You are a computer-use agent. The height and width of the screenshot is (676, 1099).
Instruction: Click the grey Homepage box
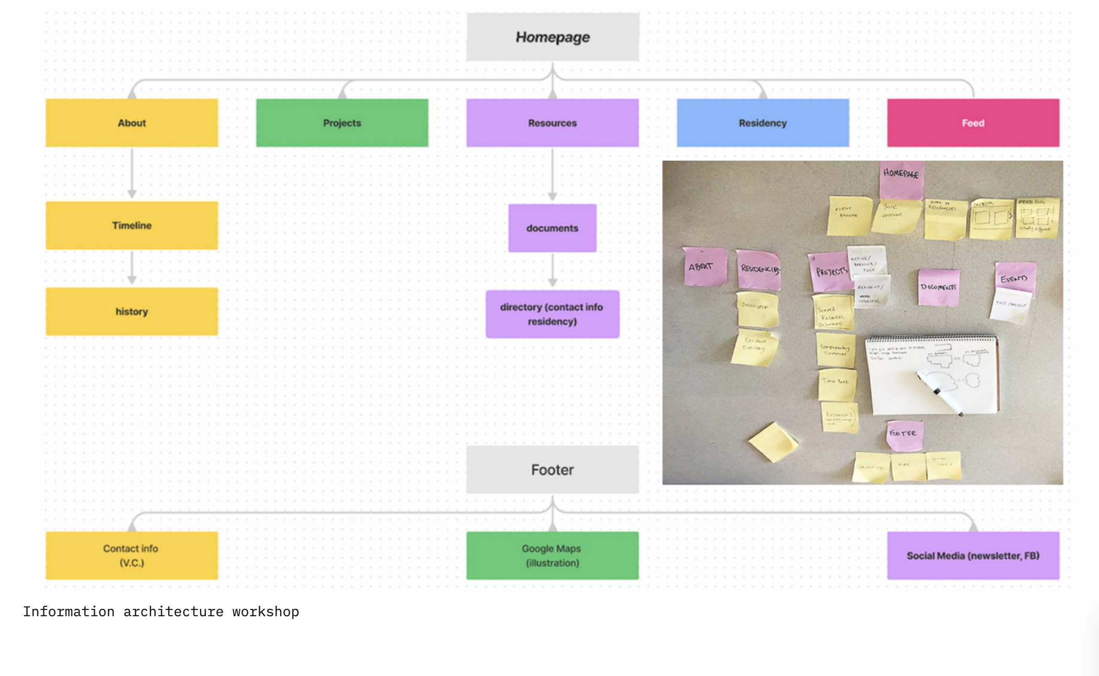[x=553, y=37]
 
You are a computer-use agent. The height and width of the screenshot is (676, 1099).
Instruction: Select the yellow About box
[x=131, y=123]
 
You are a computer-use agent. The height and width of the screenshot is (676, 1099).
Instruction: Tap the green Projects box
[x=342, y=123]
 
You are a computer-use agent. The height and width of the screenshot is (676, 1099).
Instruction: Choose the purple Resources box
[x=553, y=123]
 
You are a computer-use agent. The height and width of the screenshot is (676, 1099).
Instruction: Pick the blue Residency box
[x=763, y=123]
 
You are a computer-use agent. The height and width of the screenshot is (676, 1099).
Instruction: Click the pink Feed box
[x=973, y=123]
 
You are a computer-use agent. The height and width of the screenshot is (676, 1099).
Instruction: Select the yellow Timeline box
[x=131, y=225]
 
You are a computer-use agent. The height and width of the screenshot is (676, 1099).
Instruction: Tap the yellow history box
[x=131, y=311]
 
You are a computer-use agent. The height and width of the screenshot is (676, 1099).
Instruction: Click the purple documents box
[x=552, y=228]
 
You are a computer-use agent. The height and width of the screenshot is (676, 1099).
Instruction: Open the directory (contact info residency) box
[x=552, y=314]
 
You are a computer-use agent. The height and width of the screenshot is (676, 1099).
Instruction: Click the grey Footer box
[x=553, y=470]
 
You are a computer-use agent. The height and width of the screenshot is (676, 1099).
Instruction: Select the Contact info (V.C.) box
[x=131, y=555]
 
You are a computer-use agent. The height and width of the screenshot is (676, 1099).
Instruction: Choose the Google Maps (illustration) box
[x=552, y=555]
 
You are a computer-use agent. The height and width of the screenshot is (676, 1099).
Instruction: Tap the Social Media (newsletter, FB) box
[x=973, y=555]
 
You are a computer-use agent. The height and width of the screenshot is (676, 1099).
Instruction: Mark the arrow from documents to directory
[x=553, y=270]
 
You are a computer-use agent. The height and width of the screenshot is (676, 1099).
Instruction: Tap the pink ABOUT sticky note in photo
[x=705, y=267]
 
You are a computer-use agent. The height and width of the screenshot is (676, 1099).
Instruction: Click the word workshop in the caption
[x=266, y=612]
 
